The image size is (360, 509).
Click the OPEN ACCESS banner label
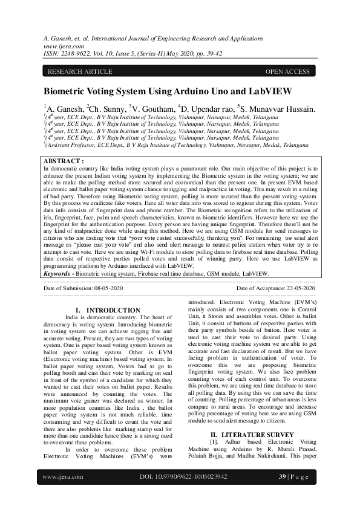click(x=287, y=72)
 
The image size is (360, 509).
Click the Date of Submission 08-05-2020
click(x=83, y=288)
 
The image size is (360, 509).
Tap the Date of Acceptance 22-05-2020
click(x=275, y=288)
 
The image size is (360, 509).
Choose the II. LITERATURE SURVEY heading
click(x=252, y=417)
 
